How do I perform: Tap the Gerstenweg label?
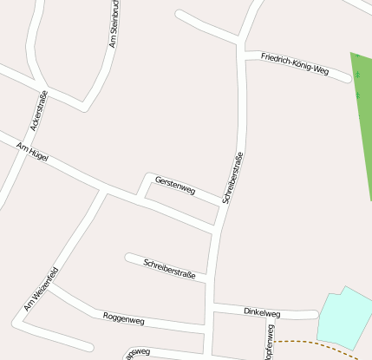(x=175, y=184)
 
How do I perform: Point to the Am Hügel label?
(x=33, y=154)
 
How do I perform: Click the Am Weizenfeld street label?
(x=41, y=289)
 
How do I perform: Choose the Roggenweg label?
(x=124, y=318)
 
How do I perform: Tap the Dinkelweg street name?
(x=262, y=311)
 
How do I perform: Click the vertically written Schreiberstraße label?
(x=232, y=177)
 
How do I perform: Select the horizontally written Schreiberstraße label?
(x=169, y=268)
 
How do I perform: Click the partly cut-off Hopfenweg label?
(x=271, y=344)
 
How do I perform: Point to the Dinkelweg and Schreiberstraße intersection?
(x=212, y=309)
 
